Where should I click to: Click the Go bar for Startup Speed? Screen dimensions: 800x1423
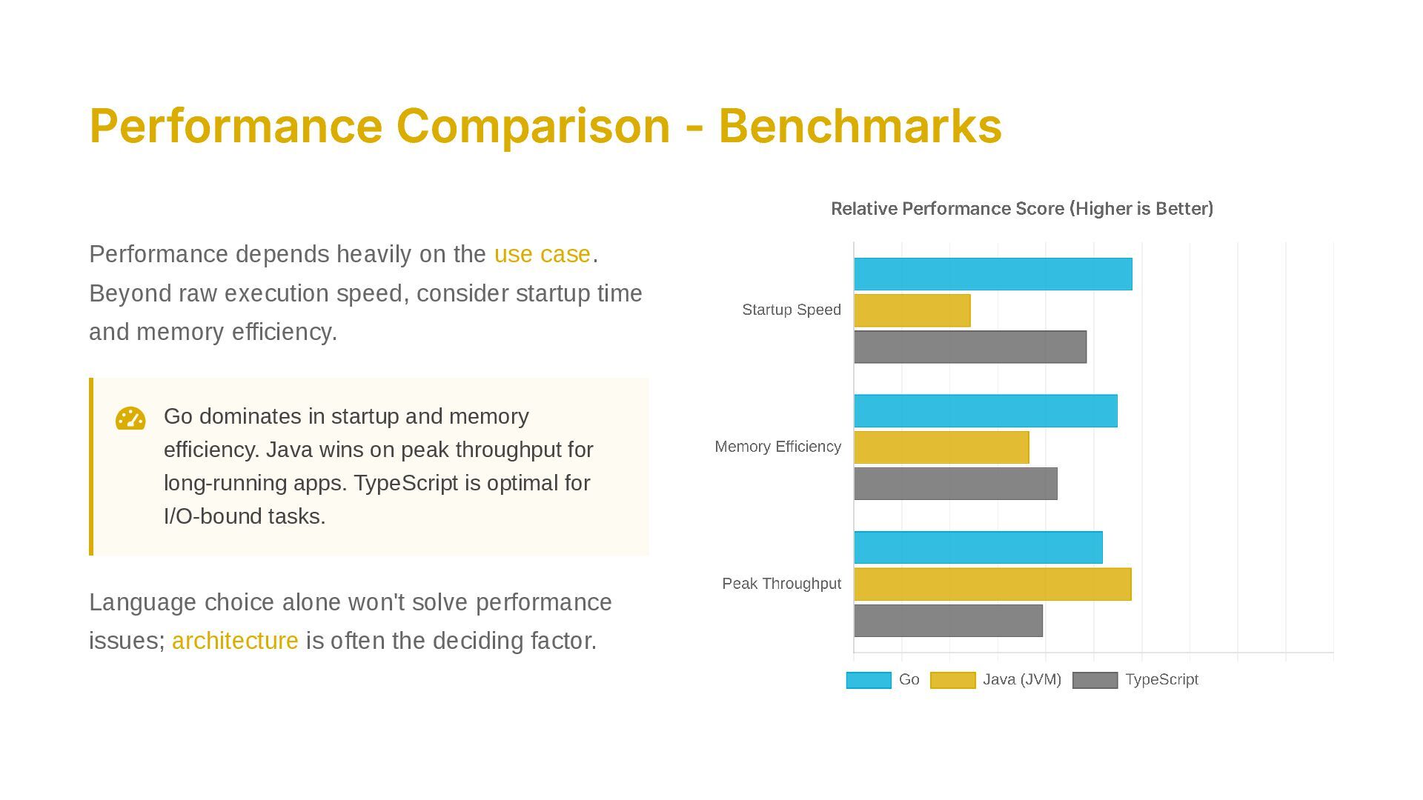pyautogui.click(x=992, y=274)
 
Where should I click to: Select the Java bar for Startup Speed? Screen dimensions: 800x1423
pyautogui.click(x=912, y=310)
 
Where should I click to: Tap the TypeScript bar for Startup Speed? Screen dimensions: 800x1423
pyautogui.click(x=969, y=347)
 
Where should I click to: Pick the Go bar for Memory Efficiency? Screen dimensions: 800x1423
pyautogui.click(x=985, y=411)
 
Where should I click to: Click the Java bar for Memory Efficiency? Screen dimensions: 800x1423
pyautogui.click(x=941, y=447)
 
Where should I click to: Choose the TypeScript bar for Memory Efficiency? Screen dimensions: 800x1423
pyautogui.click(x=955, y=484)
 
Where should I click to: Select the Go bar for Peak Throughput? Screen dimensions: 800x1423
pyautogui.click(x=978, y=547)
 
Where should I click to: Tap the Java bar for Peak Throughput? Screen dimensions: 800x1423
pyautogui.click(x=992, y=584)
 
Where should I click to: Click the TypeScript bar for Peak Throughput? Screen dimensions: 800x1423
pyautogui.click(x=948, y=621)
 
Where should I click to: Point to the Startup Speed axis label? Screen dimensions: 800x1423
pyautogui.click(x=791, y=310)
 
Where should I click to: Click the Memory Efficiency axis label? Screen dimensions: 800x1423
pyautogui.click(x=777, y=447)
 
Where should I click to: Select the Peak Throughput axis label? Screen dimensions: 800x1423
pyautogui.click(x=781, y=584)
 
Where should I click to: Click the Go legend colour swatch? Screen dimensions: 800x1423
pyautogui.click(x=869, y=680)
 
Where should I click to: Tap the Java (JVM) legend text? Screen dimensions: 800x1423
pyautogui.click(x=1021, y=679)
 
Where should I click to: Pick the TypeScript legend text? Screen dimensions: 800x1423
pyautogui.click(x=1161, y=679)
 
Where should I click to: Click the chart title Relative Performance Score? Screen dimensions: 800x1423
pyautogui.click(x=1021, y=209)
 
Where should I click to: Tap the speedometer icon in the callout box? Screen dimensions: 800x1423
pyautogui.click(x=130, y=419)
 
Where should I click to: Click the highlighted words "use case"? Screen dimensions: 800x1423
pyautogui.click(x=542, y=254)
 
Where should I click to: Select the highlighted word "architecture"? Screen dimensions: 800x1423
pyautogui.click(x=235, y=641)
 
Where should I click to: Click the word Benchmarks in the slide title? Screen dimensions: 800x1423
pyautogui.click(x=860, y=126)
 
